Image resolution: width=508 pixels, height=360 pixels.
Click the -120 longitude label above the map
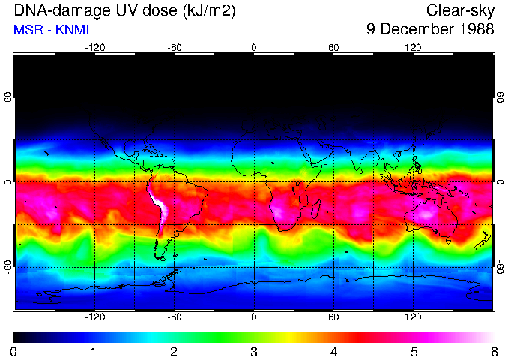(94, 47)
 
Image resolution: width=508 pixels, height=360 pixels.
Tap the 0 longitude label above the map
(254, 47)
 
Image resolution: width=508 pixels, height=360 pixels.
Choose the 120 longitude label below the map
(414, 316)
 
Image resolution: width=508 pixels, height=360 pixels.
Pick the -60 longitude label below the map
(175, 316)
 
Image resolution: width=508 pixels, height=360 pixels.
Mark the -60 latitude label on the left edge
(8, 265)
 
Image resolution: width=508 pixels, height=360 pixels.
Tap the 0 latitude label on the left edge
(8, 182)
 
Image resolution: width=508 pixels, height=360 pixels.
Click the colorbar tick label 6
(494, 351)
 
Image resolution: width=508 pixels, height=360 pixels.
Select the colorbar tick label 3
(254, 351)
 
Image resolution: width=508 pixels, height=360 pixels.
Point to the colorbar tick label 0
(14, 351)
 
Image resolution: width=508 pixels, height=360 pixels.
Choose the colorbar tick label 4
(333, 351)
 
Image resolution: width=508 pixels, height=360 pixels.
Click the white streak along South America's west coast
(160, 206)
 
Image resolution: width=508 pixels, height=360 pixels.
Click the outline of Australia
(431, 217)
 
